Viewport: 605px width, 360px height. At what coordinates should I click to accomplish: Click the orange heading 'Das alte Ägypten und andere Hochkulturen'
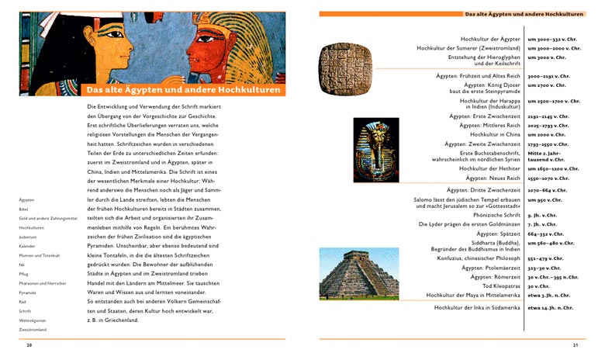coord(183,89)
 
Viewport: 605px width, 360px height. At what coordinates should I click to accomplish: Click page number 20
coord(29,345)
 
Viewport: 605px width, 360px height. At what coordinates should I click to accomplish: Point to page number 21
coord(575,345)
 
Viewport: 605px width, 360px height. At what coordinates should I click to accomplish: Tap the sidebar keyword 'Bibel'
coord(24,209)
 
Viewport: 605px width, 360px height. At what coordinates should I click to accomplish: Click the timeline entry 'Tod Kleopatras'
coord(498,286)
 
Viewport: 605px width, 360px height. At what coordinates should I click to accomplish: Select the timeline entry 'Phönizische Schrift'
coord(492,214)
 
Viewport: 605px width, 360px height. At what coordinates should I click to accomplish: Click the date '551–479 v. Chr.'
coord(546,258)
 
